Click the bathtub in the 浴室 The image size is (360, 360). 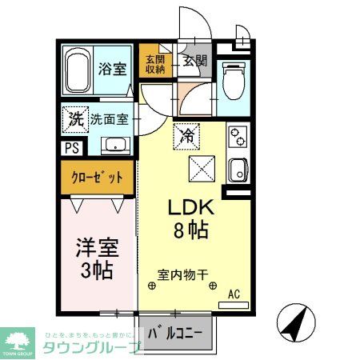click(x=78, y=72)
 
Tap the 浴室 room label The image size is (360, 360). click(x=113, y=68)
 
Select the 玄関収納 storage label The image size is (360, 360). click(x=154, y=64)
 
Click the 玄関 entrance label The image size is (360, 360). click(x=194, y=60)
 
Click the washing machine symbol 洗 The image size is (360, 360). click(x=72, y=119)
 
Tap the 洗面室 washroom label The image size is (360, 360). click(x=107, y=120)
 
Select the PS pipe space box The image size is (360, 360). click(x=71, y=148)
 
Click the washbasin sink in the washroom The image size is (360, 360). click(x=116, y=146)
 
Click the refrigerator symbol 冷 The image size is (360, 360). click(x=186, y=135)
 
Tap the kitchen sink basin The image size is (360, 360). click(x=237, y=170)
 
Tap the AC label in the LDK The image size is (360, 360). click(x=234, y=294)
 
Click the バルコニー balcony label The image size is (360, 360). click(x=179, y=331)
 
